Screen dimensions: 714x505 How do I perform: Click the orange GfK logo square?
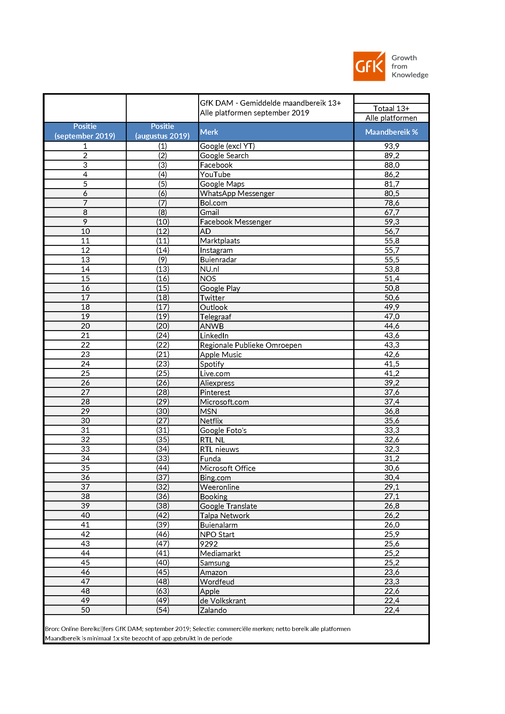pos(369,66)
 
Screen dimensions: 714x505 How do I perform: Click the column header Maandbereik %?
pos(391,132)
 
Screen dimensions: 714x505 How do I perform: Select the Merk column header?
pos(209,132)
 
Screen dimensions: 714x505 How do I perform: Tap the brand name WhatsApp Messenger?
pos(237,193)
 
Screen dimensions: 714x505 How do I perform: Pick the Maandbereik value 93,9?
pos(391,146)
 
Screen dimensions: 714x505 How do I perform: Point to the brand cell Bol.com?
pos(213,203)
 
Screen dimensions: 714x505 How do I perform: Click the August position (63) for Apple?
pos(163,591)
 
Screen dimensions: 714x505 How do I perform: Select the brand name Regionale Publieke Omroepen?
pos(251,345)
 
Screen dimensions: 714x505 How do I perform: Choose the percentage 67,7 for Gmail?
pos(391,212)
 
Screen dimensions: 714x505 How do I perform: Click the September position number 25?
pos(85,373)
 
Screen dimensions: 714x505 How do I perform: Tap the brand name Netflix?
pos(211,421)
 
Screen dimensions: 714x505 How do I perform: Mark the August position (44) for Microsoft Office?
pos(163,468)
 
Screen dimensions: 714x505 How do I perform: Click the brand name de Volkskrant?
pos(223,601)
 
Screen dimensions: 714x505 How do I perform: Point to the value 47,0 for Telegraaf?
pos(391,317)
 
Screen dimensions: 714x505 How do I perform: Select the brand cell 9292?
pos(209,544)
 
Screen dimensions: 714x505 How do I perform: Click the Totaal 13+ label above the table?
pos(391,108)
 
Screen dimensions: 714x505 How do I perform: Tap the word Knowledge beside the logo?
pos(409,75)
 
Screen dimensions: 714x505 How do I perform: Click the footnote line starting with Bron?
pos(198,629)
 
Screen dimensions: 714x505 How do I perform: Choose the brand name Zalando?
pos(213,610)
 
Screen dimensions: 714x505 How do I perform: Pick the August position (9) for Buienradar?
pos(163,260)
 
